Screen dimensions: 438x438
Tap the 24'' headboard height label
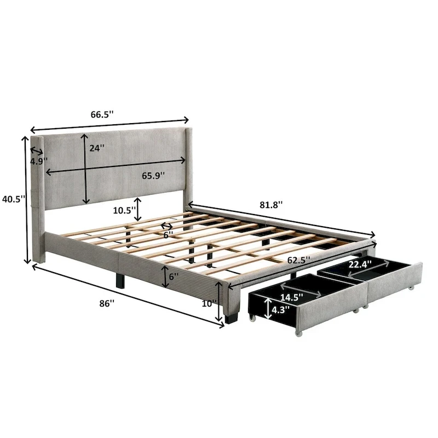pos(97,147)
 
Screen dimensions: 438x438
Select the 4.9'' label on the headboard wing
pos(38,161)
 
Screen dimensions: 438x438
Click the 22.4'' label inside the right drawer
pos(359,264)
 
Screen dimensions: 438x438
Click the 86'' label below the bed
pos(107,302)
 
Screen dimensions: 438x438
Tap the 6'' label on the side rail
pos(174,277)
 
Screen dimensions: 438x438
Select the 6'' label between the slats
pos(170,234)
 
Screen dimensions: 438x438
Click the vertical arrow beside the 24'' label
pos(85,168)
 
